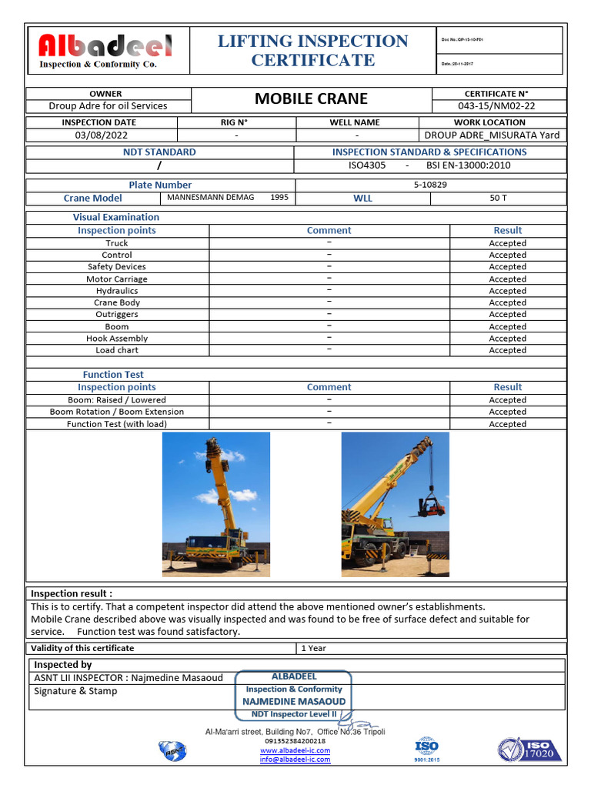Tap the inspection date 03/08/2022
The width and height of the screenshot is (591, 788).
[102, 135]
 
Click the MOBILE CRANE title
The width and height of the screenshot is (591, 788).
[311, 98]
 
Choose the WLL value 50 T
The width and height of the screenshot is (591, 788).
[498, 198]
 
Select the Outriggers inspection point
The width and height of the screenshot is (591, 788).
[117, 315]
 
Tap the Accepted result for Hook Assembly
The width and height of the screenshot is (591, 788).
[507, 339]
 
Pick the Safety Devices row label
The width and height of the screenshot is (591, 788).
[117, 267]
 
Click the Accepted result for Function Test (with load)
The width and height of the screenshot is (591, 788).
[507, 424]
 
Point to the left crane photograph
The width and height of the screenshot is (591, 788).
[216, 504]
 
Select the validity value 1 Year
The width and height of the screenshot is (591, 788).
[313, 648]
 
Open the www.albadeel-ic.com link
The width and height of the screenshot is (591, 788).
[295, 750]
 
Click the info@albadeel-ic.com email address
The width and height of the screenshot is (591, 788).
[295, 760]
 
